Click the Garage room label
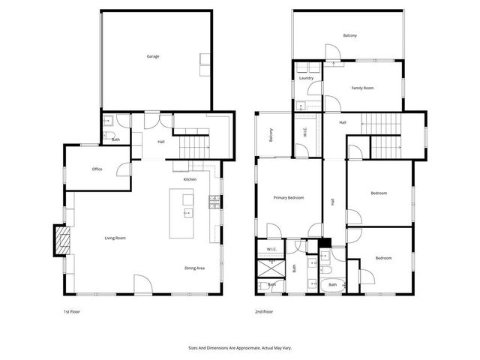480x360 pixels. click(153, 56)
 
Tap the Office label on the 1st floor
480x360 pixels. click(97, 169)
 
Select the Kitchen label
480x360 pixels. click(190, 180)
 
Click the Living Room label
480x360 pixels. click(115, 238)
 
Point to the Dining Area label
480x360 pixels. click(195, 268)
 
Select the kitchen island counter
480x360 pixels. click(181, 214)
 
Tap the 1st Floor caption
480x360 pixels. click(73, 311)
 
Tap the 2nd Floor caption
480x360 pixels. click(264, 311)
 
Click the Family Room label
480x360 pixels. click(363, 88)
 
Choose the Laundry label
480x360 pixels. click(306, 78)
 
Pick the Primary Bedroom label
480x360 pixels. click(289, 197)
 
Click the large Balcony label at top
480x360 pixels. click(350, 36)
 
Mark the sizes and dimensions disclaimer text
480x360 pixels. click(239, 348)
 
